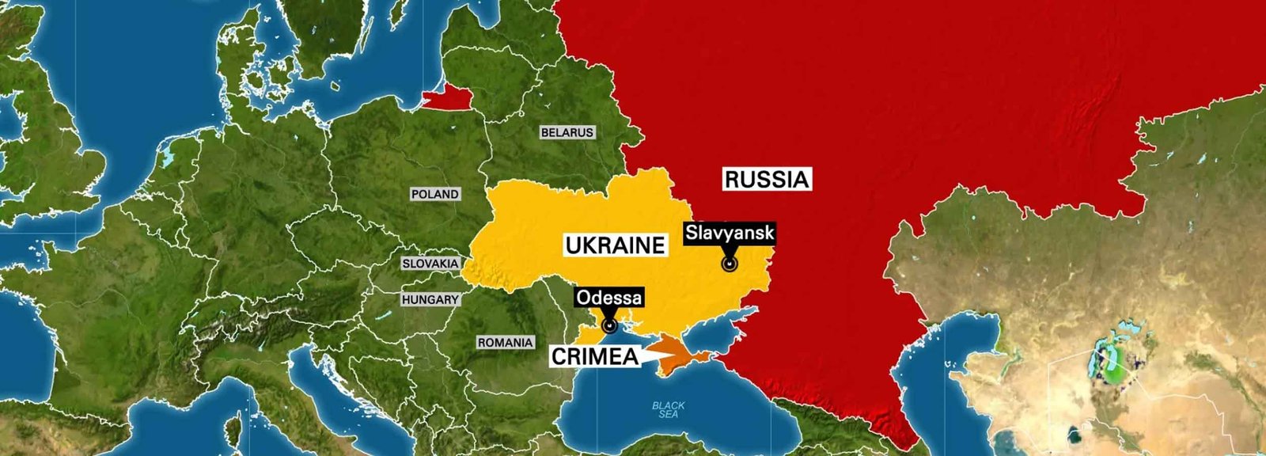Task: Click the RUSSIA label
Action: pos(768,180)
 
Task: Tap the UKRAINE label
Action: pos(614,245)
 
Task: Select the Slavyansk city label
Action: pos(730,234)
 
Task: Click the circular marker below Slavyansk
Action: pos(730,264)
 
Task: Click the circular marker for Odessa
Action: pos(610,325)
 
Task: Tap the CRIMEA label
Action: pos(594,357)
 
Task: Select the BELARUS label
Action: pos(567,132)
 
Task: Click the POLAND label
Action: pos(434,194)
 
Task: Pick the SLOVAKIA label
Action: pos(430,264)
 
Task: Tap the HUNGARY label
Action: pos(430,300)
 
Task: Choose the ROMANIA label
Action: pos(505,343)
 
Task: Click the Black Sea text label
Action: pos(669,409)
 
